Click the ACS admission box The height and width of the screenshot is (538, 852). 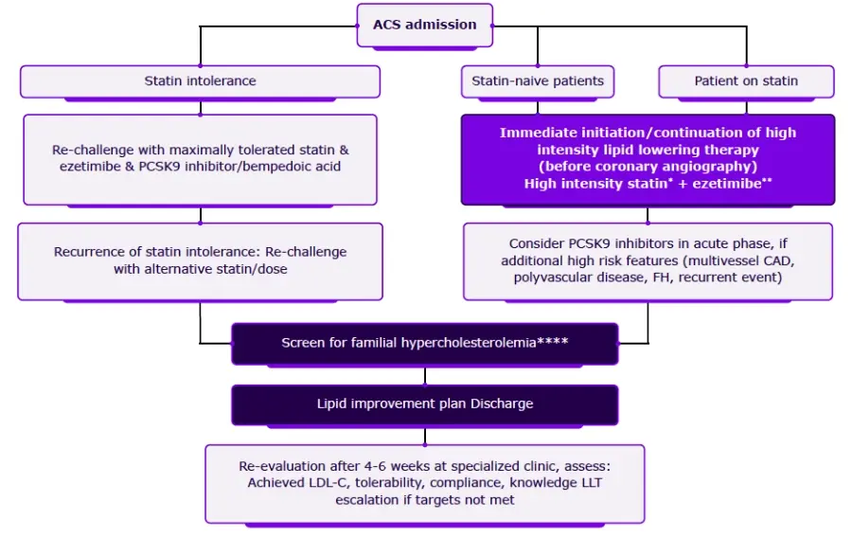coord(424,25)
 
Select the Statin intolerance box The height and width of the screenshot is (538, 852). coord(200,81)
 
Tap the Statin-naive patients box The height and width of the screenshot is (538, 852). coord(538,81)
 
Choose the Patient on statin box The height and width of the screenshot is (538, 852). coord(746,81)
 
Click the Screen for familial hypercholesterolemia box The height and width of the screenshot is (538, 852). coord(425,343)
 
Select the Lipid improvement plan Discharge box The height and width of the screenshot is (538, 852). coord(425,404)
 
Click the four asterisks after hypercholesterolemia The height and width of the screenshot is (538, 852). coord(552,342)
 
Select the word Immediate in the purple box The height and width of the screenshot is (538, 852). coord(536,133)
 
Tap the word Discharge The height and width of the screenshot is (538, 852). coord(502,404)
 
